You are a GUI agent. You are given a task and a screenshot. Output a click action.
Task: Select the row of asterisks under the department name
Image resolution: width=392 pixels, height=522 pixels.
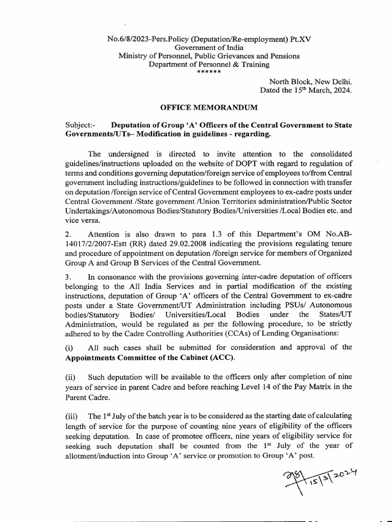[x=209, y=72]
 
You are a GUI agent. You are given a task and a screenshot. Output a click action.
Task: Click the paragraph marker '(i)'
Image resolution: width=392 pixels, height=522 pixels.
[x=70, y=347]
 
